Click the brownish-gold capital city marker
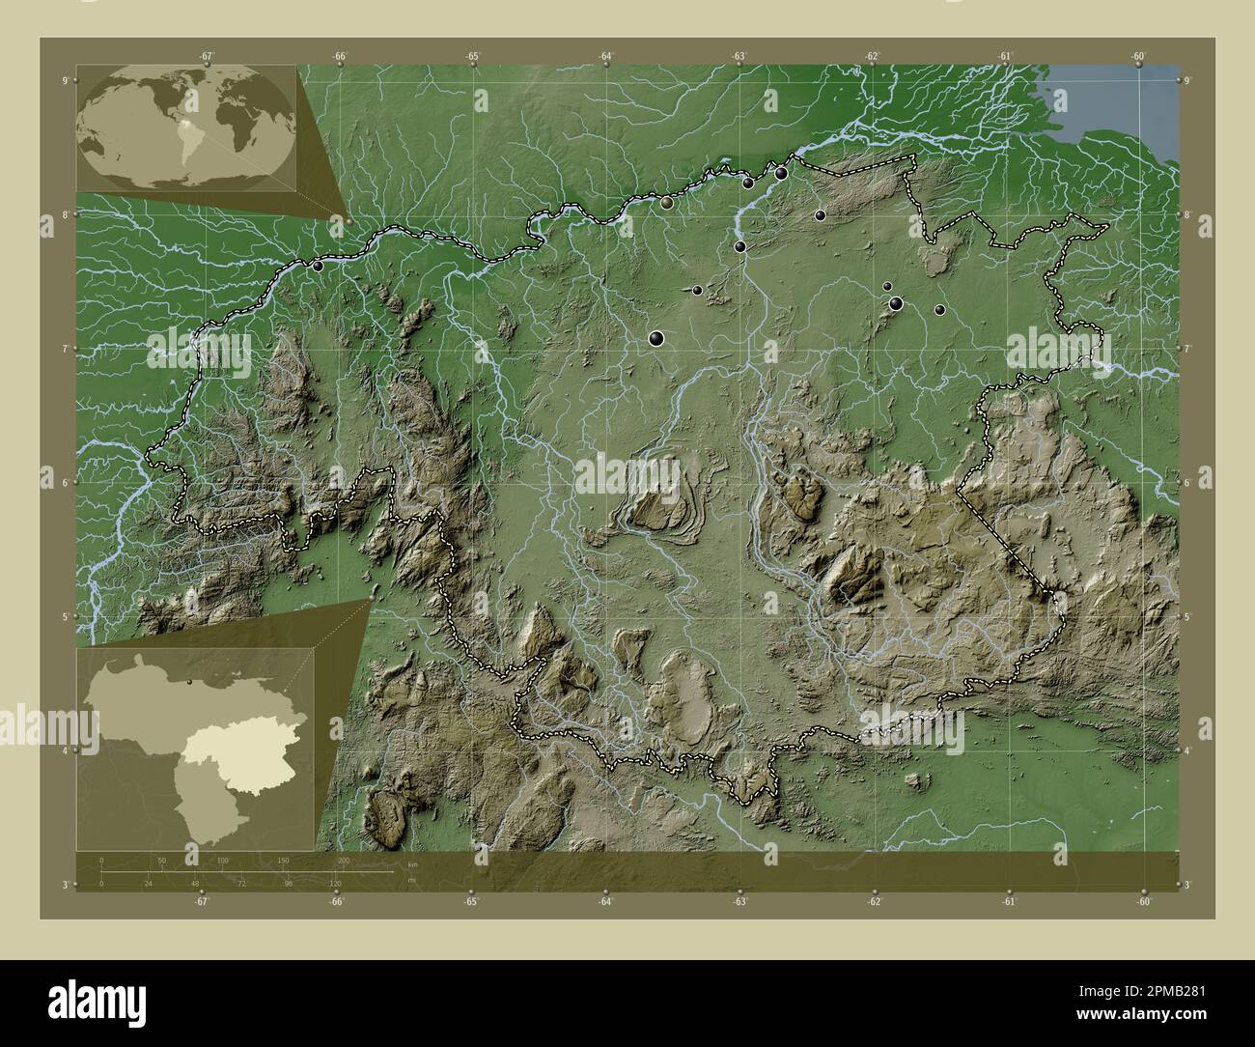click(667, 203)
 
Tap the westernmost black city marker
click(317, 266)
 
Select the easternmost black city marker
click(939, 310)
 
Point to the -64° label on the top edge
click(605, 56)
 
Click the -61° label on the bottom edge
click(1007, 902)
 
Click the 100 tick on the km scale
click(222, 860)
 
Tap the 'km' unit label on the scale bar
click(413, 863)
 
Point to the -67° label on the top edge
click(207, 56)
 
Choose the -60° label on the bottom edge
click(1142, 902)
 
